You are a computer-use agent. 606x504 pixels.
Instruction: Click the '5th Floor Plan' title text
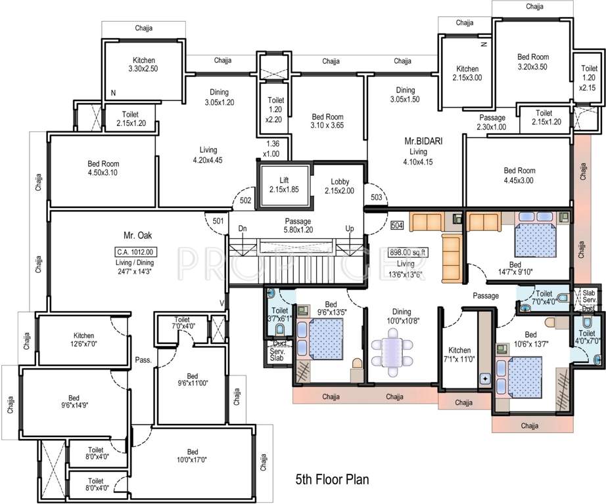pyautogui.click(x=332, y=480)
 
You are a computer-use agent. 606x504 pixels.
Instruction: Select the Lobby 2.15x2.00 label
pyautogui.click(x=338, y=186)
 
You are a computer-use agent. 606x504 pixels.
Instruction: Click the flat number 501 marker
pyautogui.click(x=218, y=220)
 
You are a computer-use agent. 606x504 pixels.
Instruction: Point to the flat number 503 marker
pyautogui.click(x=376, y=196)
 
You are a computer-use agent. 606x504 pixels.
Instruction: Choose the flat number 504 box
pyautogui.click(x=396, y=225)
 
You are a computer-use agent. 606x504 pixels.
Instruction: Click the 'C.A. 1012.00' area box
pyautogui.click(x=134, y=251)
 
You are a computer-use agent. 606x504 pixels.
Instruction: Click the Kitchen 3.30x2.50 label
pyautogui.click(x=143, y=64)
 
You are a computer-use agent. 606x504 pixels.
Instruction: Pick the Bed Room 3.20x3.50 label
pyautogui.click(x=532, y=62)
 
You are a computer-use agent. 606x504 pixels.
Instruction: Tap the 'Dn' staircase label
pyautogui.click(x=243, y=228)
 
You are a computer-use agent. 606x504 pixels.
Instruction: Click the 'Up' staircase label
pyautogui.click(x=350, y=228)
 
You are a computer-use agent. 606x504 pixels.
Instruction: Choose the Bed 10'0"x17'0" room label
pyautogui.click(x=192, y=455)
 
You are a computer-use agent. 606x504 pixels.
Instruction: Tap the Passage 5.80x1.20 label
pyautogui.click(x=297, y=226)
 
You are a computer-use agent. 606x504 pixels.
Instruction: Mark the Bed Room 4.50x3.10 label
pyautogui.click(x=102, y=168)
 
